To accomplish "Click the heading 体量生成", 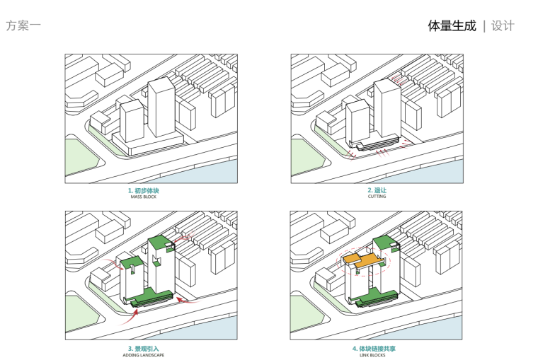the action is pos(452,26).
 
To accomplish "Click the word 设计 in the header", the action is pos(503,26).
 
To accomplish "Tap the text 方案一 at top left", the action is pos(23,26).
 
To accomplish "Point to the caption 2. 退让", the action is pos(377,191).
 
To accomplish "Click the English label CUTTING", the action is pos(377,197).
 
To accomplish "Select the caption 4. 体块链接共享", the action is pos(377,349).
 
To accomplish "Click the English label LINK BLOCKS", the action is pos(377,355).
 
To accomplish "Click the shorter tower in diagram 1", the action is pos(132,122).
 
